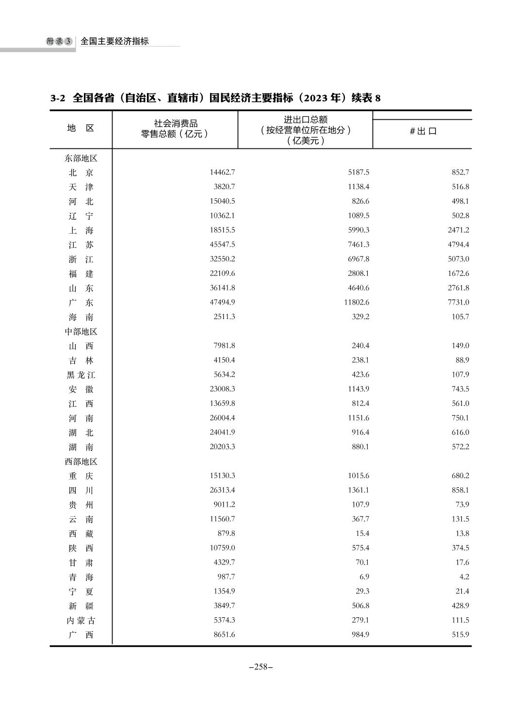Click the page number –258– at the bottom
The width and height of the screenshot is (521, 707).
[260, 666]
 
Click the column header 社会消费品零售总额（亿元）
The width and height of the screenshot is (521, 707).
[175, 129]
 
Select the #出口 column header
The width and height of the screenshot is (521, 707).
[423, 131]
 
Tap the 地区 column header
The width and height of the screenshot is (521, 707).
[81, 128]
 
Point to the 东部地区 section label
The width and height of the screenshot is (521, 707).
[81, 158]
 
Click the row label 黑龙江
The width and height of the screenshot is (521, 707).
[81, 375]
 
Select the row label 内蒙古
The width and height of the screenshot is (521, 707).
[81, 620]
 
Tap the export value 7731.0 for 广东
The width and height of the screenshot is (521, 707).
[458, 302]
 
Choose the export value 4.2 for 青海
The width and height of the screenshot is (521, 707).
[464, 577]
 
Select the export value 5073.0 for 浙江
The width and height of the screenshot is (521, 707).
[458, 259]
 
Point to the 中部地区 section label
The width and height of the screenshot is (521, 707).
[81, 332]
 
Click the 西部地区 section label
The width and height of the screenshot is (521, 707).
[81, 462]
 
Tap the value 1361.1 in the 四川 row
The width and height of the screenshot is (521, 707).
[358, 490]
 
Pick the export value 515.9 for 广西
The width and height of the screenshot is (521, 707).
[460, 634]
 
